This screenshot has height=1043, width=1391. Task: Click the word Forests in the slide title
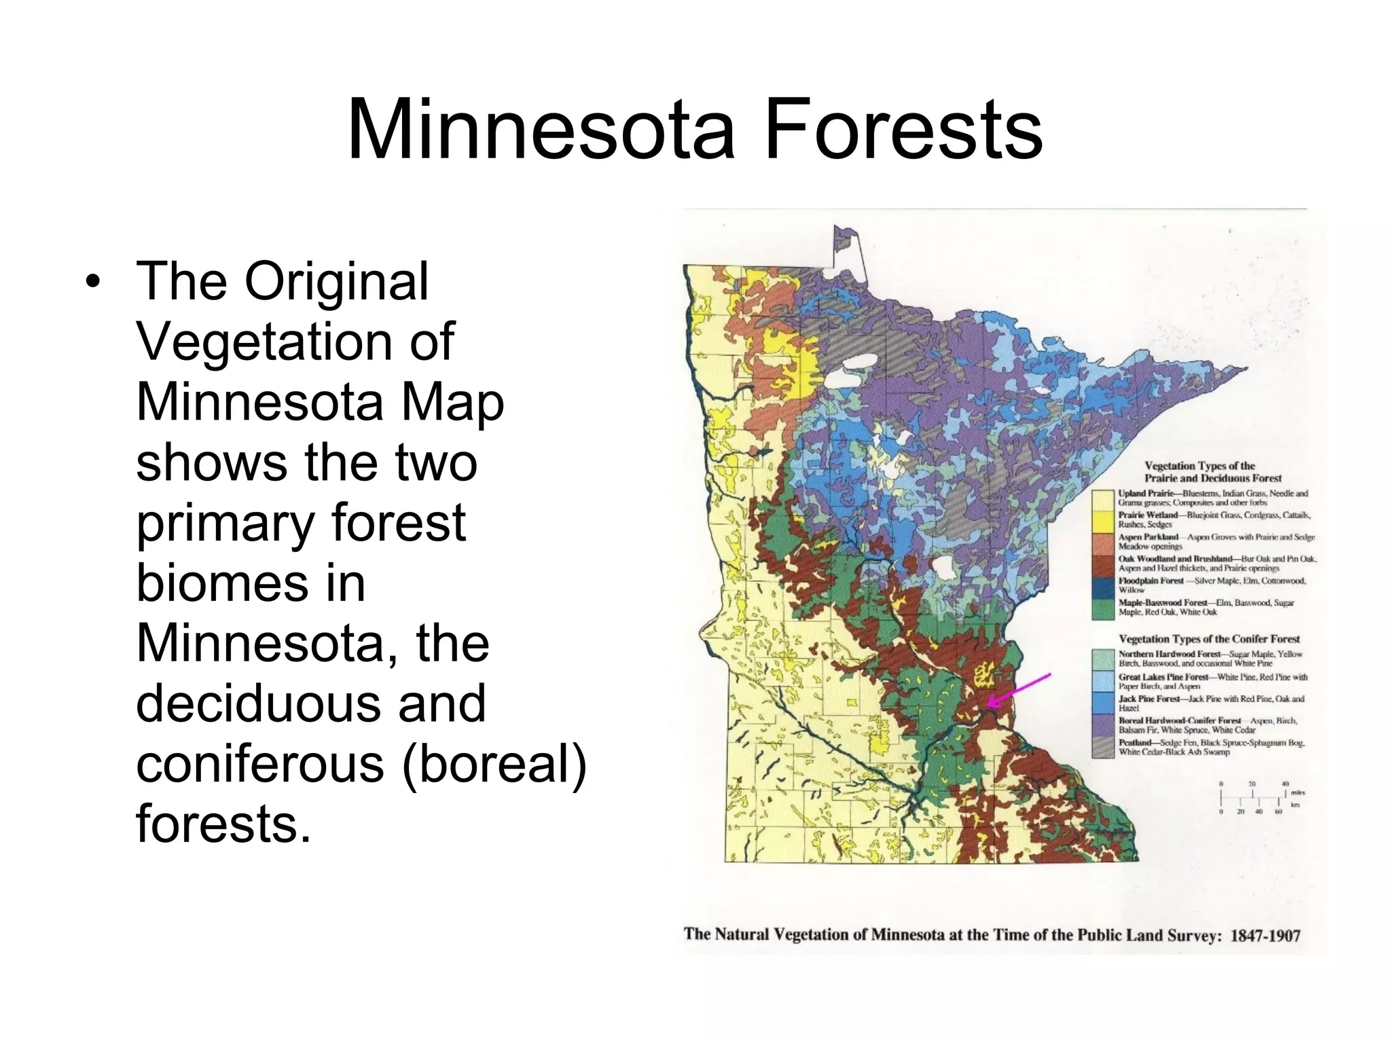coord(903,129)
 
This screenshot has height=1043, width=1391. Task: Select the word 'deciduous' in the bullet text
coord(311,703)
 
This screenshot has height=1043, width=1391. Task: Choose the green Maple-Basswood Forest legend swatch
coord(1104,608)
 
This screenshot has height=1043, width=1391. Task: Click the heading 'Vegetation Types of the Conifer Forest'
coord(1209,639)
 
